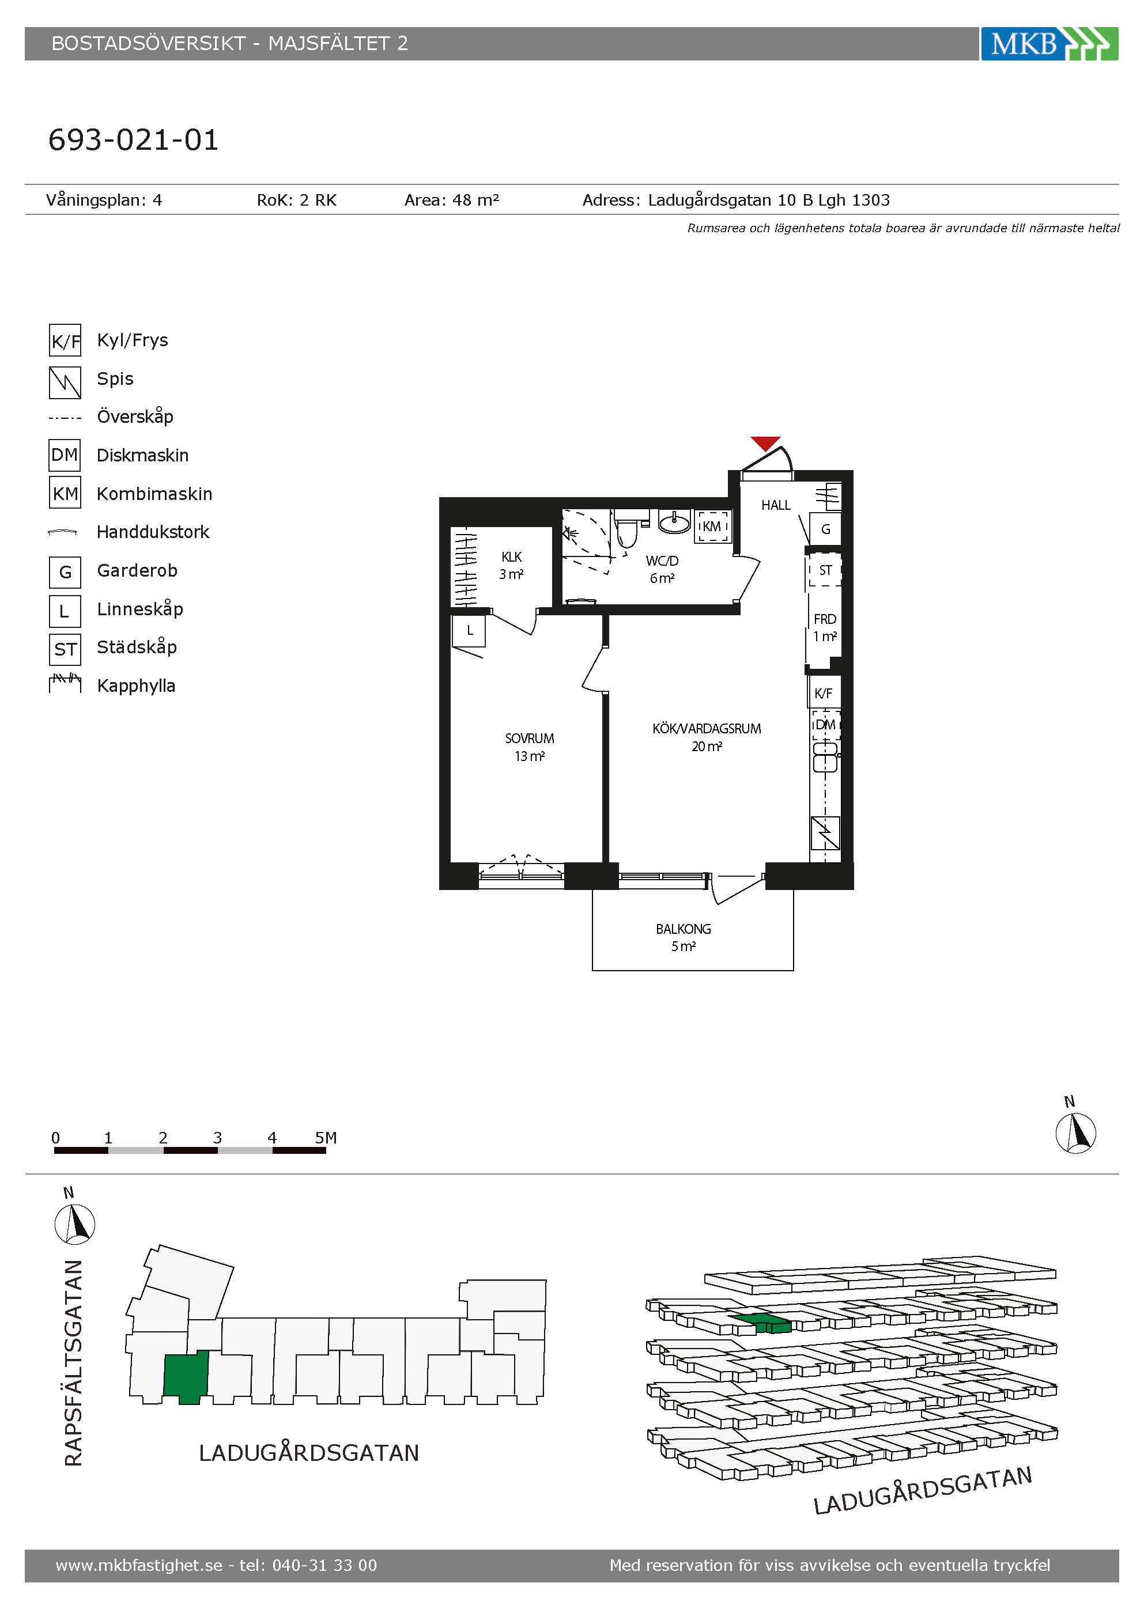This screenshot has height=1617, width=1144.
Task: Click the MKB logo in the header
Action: click(x=1049, y=44)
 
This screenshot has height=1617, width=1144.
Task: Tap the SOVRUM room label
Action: click(x=529, y=738)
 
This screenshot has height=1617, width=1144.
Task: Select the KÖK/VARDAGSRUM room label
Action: click(x=707, y=728)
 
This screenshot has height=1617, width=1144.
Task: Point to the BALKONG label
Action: click(x=684, y=929)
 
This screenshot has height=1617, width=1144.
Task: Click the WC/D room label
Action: click(x=662, y=561)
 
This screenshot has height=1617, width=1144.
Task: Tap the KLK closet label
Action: click(x=511, y=556)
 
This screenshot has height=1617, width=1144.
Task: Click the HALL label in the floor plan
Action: click(x=776, y=505)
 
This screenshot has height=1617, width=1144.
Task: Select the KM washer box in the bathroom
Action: click(x=712, y=526)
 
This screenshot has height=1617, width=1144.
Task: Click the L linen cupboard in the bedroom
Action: click(x=469, y=631)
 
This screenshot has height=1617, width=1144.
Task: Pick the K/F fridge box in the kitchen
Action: click(x=824, y=693)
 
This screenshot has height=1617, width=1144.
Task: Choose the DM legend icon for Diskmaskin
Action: click(x=65, y=455)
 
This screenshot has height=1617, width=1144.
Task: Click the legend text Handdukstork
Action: click(x=153, y=532)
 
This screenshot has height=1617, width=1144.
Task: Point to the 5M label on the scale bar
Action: click(x=326, y=1137)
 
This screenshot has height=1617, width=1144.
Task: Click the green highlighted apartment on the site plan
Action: click(x=186, y=1377)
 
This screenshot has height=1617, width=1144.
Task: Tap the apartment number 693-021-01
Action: click(x=133, y=139)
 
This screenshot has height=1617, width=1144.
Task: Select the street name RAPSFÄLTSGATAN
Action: click(x=73, y=1363)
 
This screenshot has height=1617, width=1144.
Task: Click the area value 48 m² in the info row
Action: click(x=475, y=200)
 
